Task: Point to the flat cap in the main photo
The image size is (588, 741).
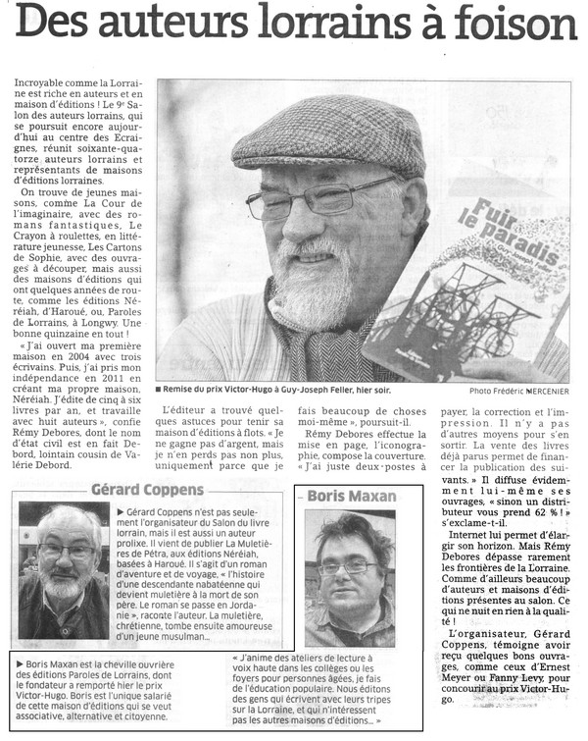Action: pyautogui.click(x=328, y=137)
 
